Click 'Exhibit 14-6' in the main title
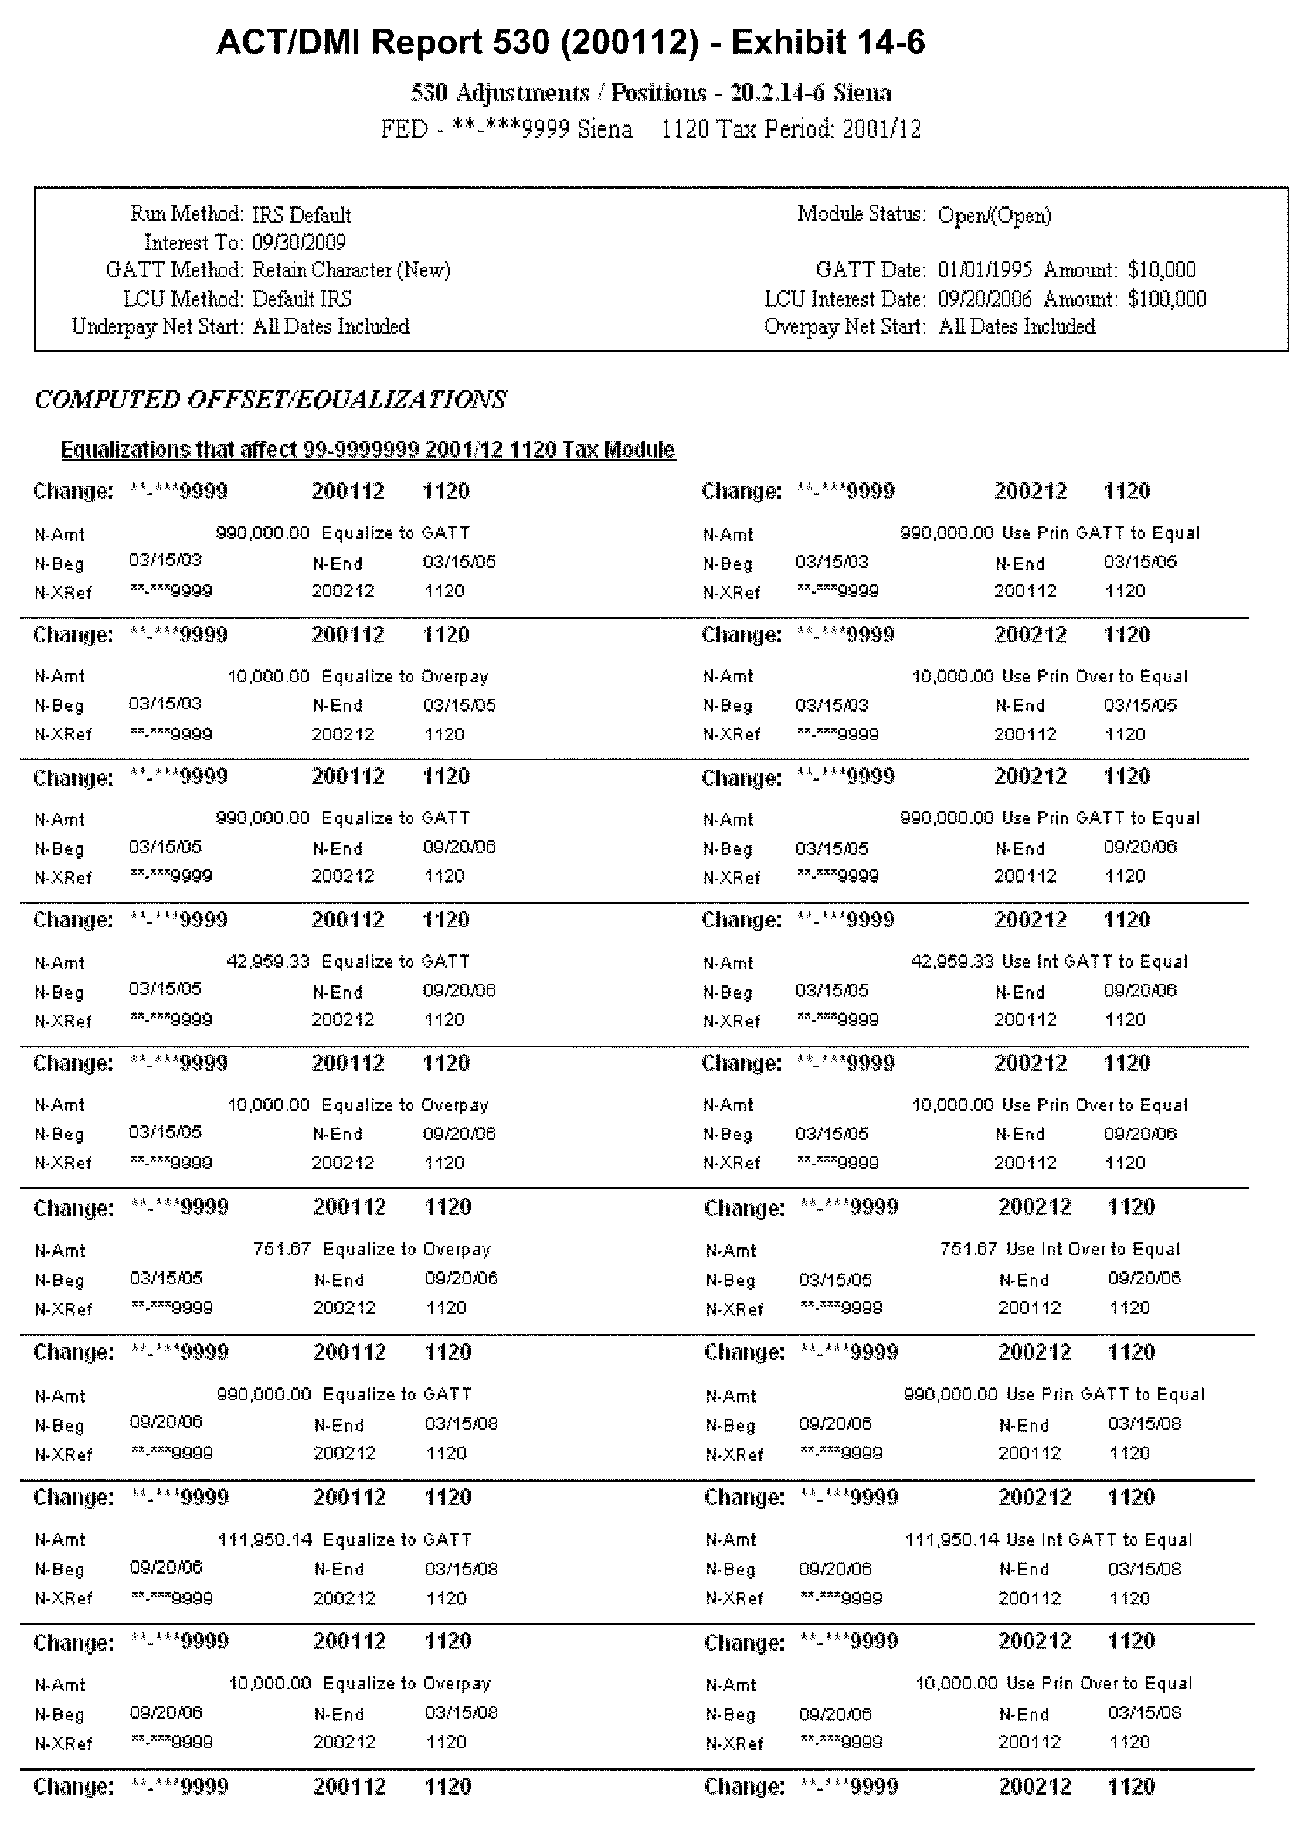tap(828, 42)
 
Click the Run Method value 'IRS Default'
tap(301, 215)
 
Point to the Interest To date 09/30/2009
tap(299, 243)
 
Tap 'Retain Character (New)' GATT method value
tap(351, 270)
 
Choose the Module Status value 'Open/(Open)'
tap(994, 215)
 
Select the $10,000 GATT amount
tap(1161, 270)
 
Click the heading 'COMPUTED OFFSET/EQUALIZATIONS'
tap(270, 399)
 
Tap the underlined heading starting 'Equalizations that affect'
tap(368, 449)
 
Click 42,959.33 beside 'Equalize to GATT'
tap(267, 961)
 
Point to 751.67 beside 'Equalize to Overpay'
tap(281, 1249)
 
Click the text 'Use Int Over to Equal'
tap(1092, 1249)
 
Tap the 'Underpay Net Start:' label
tap(157, 326)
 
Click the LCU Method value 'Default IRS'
tap(302, 299)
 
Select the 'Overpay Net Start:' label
tap(844, 326)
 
